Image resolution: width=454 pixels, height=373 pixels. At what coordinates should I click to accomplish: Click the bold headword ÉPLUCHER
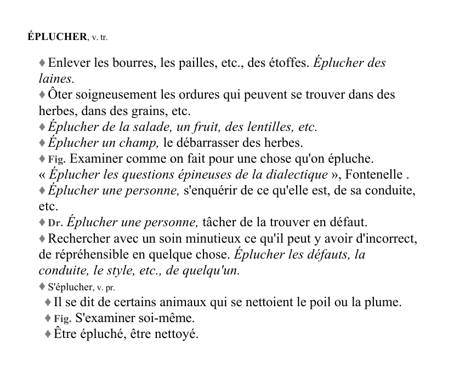[x=57, y=37]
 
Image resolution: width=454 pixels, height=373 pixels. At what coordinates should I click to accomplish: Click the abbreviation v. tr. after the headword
[x=103, y=38]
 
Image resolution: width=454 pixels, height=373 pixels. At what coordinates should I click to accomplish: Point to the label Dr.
[x=55, y=223]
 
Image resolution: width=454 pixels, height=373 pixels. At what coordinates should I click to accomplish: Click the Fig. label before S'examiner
[x=63, y=318]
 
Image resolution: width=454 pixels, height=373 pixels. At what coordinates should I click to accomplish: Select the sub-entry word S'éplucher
[x=71, y=286]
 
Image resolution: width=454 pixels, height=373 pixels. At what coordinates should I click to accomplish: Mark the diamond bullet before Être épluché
[x=48, y=334]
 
